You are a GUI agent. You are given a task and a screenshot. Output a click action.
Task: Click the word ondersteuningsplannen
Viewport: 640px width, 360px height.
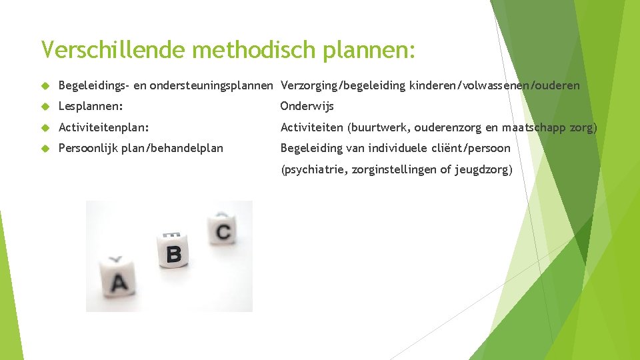211,85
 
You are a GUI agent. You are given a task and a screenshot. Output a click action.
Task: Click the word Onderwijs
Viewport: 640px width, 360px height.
307,106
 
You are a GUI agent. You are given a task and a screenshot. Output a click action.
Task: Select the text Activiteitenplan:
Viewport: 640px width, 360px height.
103,127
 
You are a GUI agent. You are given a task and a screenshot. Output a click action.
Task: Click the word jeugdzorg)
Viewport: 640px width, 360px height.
484,170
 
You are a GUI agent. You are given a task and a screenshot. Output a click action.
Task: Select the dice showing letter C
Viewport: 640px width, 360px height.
223,231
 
